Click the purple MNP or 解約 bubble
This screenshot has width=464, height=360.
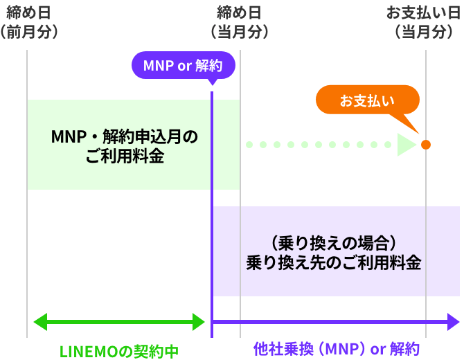click(x=184, y=66)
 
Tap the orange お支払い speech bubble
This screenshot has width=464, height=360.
click(x=367, y=100)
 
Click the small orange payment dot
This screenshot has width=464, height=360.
click(x=425, y=145)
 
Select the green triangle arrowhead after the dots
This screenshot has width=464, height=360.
click(x=407, y=145)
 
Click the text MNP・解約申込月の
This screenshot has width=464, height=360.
click(x=125, y=136)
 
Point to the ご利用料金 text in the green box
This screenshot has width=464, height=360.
click(x=125, y=156)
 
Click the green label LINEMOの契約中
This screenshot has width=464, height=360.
click(x=119, y=351)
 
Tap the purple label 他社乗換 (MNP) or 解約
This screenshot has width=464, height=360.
click(x=336, y=348)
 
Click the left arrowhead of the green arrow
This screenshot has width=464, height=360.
click(x=39, y=321)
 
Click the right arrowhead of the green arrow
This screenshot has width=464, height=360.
click(x=199, y=321)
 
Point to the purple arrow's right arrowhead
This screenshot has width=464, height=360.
click(x=454, y=321)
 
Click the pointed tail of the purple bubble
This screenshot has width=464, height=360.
click(x=211, y=82)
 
